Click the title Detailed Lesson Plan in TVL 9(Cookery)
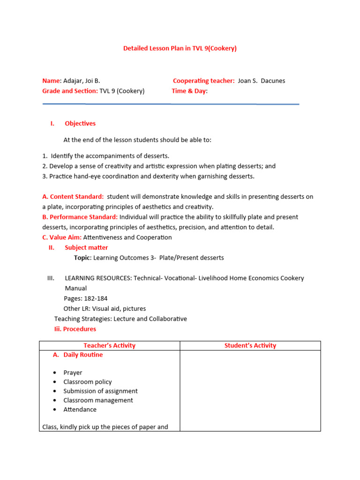[x=180, y=48]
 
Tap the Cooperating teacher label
[x=203, y=81]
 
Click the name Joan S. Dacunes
[x=261, y=81]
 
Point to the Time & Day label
[x=188, y=91]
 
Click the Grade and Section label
[x=70, y=91]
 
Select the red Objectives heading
[x=80, y=123]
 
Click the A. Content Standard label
[x=73, y=196]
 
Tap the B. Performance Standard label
[x=80, y=217]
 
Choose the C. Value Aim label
[x=62, y=237]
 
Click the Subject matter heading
[x=86, y=247]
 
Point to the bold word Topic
[x=82, y=258]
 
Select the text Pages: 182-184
[x=85, y=298]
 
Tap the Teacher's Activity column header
[x=109, y=345]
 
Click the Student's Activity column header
[x=250, y=345]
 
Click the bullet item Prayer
[x=73, y=373]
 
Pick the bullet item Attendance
[x=80, y=409]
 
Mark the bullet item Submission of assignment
[x=100, y=391]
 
